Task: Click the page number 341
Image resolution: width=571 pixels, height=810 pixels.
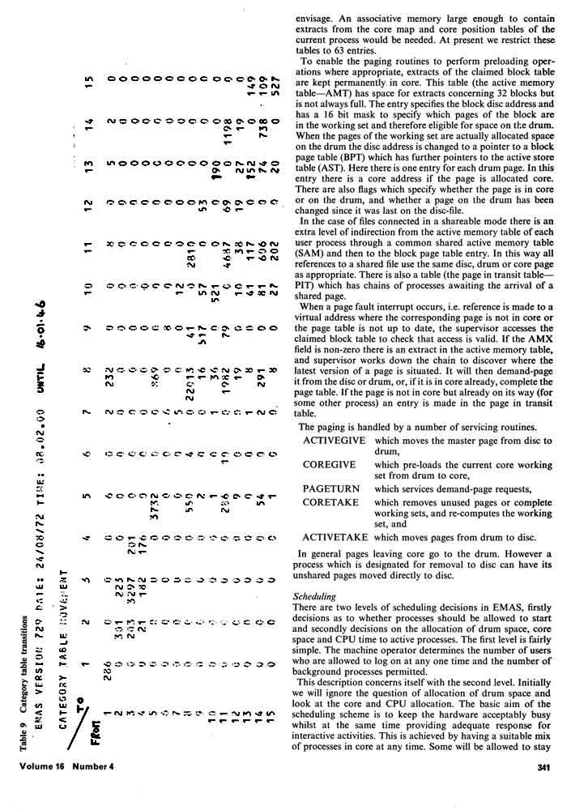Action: [x=543, y=793]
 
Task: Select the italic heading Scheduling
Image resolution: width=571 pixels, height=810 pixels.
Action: [x=314, y=596]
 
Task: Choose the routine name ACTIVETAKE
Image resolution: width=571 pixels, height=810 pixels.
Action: [x=335, y=536]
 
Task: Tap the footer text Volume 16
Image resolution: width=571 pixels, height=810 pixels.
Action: [x=47, y=792]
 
